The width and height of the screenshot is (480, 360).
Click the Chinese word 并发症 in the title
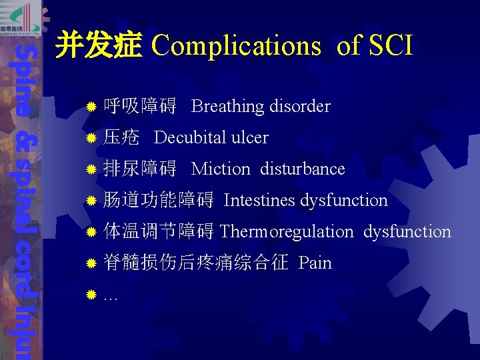[x=99, y=46]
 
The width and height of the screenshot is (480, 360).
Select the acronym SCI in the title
[x=389, y=46]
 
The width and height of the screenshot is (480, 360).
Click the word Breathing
[x=228, y=107]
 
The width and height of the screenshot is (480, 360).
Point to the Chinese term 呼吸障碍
[x=140, y=107]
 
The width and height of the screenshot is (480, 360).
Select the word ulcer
[x=249, y=138]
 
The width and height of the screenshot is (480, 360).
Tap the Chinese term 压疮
[x=122, y=138]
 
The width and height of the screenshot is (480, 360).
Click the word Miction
[x=221, y=169]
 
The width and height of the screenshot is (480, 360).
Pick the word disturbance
[x=303, y=169]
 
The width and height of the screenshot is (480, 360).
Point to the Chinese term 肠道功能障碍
[x=159, y=201]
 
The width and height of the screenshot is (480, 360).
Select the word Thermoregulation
[x=287, y=232]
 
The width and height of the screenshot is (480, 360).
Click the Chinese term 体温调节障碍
[x=159, y=232]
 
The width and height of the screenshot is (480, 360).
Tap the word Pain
[x=315, y=263]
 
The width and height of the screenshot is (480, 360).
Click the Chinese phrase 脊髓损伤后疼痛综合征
[x=196, y=263]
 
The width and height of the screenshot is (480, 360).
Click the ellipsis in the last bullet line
[x=111, y=296]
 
